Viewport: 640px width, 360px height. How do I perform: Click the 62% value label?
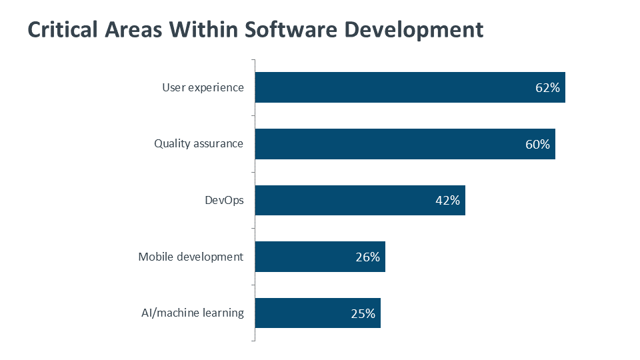pos(547,88)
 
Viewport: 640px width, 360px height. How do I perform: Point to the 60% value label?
pos(537,144)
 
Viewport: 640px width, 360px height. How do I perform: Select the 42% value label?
pos(447,201)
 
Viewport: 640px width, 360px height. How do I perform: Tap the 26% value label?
pos(367,257)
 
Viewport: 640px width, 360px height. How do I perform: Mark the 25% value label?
pos(363,313)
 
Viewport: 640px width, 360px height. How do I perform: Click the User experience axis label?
pos(203,87)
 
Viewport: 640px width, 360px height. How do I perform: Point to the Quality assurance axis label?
pos(199,143)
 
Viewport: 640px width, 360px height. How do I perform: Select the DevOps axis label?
pos(224,200)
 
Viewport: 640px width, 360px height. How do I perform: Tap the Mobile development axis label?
pos(191,257)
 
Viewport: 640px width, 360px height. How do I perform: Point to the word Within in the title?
pos(203,30)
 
